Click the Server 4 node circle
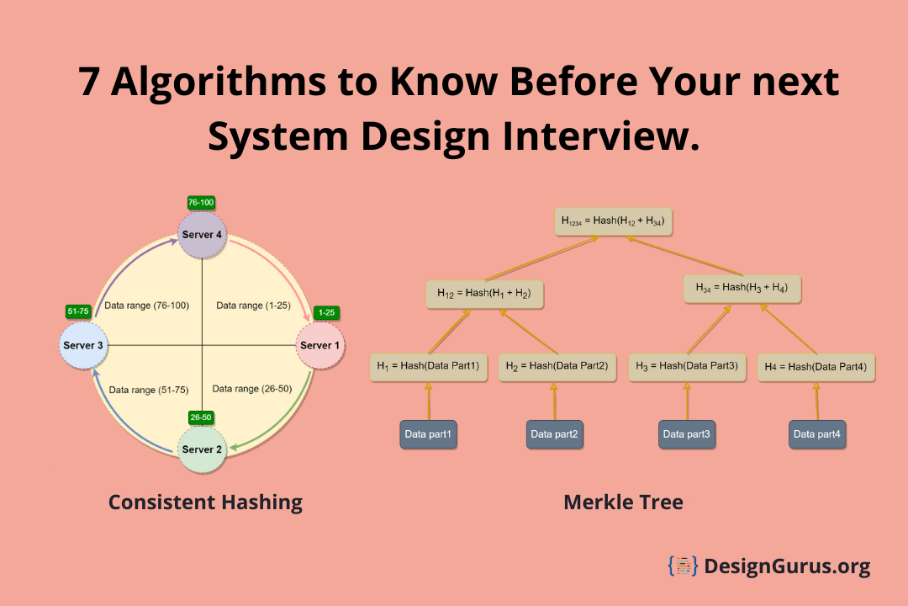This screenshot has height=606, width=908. point(203,234)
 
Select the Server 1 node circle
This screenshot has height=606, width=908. point(317,345)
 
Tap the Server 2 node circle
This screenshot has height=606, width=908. point(203,449)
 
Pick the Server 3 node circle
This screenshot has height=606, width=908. point(82,345)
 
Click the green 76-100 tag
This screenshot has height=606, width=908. point(201,202)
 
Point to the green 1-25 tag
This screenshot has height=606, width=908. point(325,312)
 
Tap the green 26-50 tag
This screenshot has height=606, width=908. point(201,417)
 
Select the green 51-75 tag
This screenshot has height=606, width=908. point(78,311)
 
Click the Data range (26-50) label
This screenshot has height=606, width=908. point(252,389)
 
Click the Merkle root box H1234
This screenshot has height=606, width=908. point(613,221)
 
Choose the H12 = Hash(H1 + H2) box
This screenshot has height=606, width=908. point(484,293)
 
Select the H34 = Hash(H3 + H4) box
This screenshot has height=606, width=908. point(742,288)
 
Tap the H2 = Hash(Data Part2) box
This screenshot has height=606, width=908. point(557,366)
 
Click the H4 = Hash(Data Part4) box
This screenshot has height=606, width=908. point(816,367)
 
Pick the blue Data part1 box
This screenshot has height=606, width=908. point(428,434)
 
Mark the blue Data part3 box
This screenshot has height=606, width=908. point(686,434)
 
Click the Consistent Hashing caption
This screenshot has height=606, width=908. point(205,502)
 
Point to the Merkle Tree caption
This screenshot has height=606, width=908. point(623,502)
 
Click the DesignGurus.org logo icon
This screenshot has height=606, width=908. point(684,566)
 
